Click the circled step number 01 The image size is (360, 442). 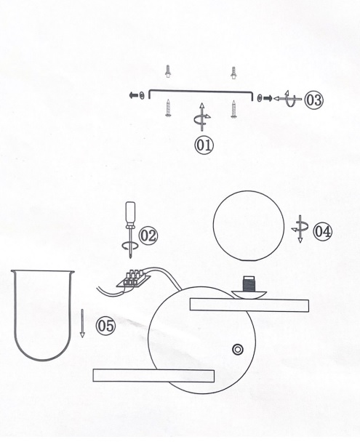(204, 145)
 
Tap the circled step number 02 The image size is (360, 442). (148, 236)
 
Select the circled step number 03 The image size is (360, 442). (313, 100)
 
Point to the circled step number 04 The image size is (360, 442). (323, 231)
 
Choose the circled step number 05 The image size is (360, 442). (106, 326)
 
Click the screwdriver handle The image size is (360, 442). (130, 213)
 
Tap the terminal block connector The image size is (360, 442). (134, 278)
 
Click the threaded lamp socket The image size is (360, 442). (249, 284)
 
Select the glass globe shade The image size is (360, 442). (249, 226)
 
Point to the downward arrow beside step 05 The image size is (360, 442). (82, 323)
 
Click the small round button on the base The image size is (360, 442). (238, 350)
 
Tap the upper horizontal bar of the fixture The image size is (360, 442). (249, 305)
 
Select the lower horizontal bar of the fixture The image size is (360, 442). (153, 375)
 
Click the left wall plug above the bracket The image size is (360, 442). (168, 71)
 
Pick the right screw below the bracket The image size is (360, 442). (233, 109)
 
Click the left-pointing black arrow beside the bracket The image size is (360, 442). (133, 95)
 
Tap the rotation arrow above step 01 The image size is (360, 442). (202, 117)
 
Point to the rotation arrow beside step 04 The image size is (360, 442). (300, 228)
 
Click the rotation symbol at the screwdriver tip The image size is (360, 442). (130, 246)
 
